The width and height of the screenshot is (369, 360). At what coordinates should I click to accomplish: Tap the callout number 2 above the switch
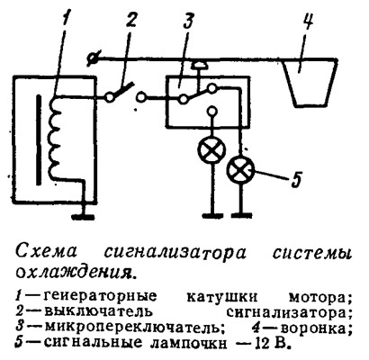[x=130, y=22]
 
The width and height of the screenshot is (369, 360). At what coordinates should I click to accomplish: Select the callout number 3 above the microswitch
[x=188, y=22]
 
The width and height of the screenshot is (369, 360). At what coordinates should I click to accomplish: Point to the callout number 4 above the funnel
[x=307, y=21]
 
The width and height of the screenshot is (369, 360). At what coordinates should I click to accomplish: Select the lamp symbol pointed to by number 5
[x=241, y=170]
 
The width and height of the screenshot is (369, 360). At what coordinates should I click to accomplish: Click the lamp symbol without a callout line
[x=211, y=149]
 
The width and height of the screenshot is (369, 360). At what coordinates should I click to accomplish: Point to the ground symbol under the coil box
[x=84, y=217]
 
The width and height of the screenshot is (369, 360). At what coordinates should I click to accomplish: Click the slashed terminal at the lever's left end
[x=91, y=58]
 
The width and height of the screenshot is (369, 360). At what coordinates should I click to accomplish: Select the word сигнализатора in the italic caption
[x=175, y=254]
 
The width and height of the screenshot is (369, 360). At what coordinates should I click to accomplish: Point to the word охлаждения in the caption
[x=74, y=273]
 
